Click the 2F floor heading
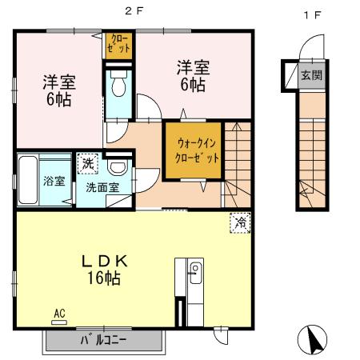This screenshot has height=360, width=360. [x=130, y=13]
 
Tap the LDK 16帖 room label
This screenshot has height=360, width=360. [x=104, y=270]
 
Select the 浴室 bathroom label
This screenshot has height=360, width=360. [x=54, y=181]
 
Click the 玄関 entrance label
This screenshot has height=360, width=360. [x=310, y=76]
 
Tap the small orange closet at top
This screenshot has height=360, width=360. [x=118, y=45]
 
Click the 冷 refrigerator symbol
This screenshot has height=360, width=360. [x=238, y=223]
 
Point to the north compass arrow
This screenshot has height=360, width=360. [x=313, y=341]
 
